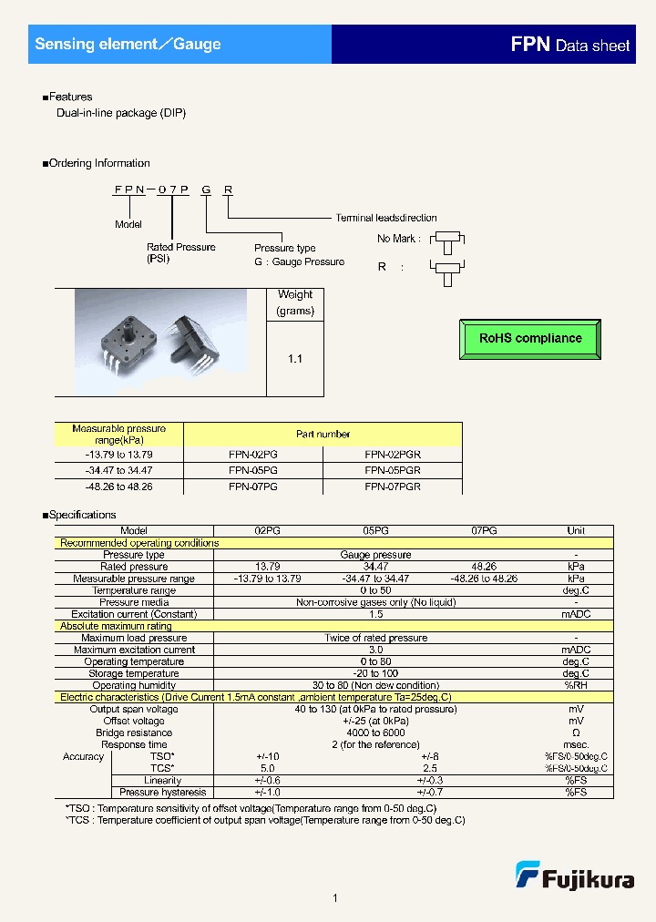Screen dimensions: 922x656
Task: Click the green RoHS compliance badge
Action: (530, 338)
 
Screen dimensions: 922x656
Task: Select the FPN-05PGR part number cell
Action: (393, 470)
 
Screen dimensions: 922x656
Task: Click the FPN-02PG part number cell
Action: (253, 454)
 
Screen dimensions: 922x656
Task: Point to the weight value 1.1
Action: (294, 359)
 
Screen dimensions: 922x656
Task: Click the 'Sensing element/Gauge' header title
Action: (128, 44)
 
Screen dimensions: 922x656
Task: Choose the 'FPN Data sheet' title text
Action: (570, 45)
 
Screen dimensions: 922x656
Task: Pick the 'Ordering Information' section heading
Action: (98, 163)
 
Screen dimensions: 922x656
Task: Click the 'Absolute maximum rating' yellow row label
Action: (116, 626)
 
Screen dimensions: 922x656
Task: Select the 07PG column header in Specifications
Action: (484, 530)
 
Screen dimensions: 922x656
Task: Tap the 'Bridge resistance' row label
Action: (134, 732)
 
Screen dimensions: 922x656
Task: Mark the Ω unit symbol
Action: (576, 732)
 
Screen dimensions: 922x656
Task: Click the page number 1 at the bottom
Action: (335, 898)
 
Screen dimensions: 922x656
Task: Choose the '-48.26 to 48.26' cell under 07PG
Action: (484, 579)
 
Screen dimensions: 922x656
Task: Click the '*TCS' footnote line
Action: (265, 820)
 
